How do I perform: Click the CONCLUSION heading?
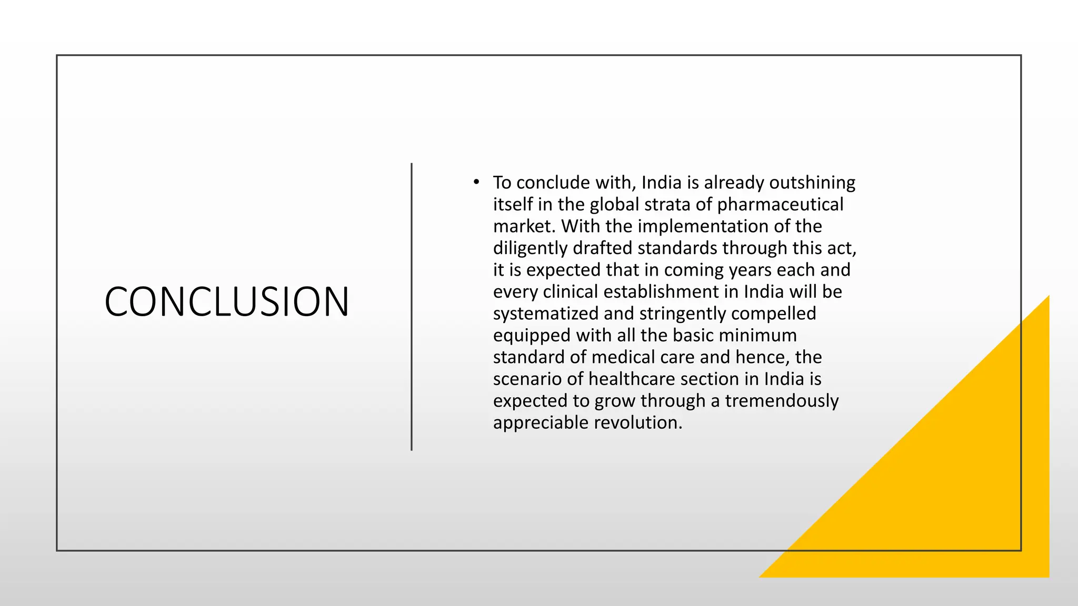tap(227, 301)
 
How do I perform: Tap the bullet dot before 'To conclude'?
tap(476, 183)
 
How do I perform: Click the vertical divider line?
tap(412, 307)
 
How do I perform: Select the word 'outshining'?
tap(812, 183)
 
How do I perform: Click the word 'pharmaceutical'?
tap(780, 204)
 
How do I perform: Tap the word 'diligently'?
tap(530, 248)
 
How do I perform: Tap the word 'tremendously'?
tap(782, 401)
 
